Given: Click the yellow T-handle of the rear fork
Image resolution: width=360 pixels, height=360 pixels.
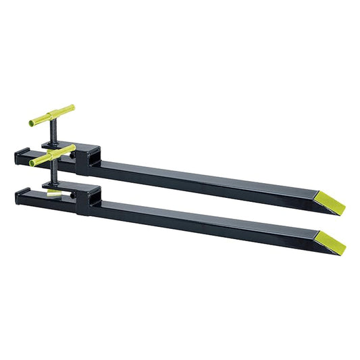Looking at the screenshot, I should point(52,115).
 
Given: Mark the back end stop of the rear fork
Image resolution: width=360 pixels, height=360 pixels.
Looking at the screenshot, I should point(23,157).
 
